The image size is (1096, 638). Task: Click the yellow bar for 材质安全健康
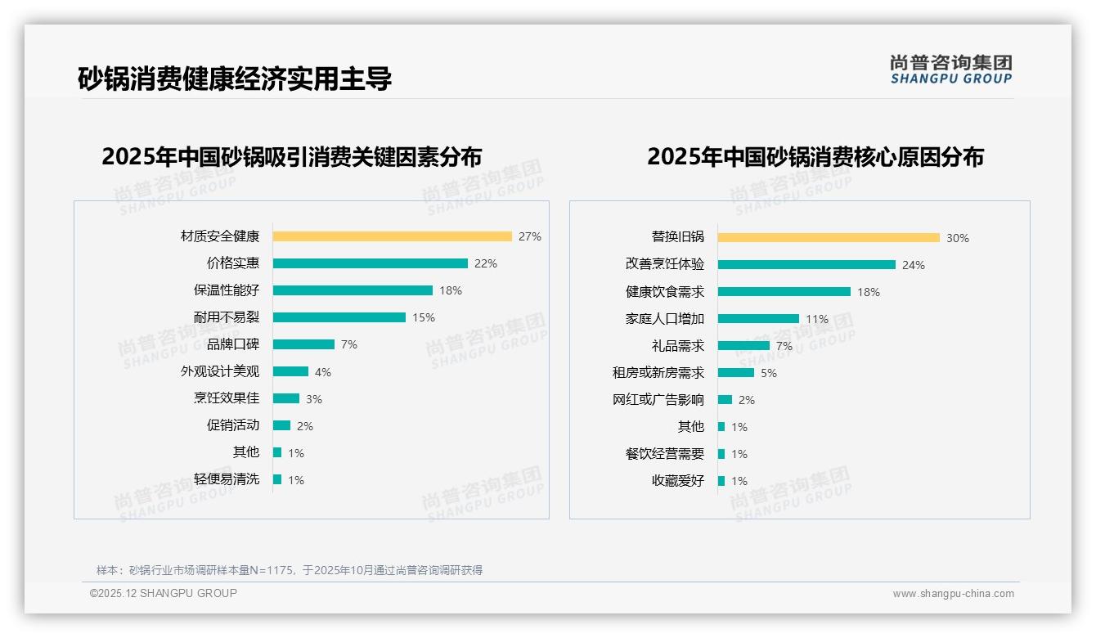click(392, 236)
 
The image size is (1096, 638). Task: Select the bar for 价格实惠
click(370, 263)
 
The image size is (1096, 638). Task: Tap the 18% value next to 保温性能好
click(451, 290)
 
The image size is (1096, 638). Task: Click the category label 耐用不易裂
click(227, 317)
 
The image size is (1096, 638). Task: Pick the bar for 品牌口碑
click(303, 344)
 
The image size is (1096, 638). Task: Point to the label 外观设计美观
click(220, 371)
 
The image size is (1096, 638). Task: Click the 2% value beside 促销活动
click(305, 426)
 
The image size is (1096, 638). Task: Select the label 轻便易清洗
click(227, 479)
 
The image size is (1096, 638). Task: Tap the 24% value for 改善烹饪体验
click(914, 265)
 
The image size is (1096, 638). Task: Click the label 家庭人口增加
click(665, 319)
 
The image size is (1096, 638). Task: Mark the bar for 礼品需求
click(743, 346)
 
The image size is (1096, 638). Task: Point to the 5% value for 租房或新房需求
click(769, 373)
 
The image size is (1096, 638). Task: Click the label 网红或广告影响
click(658, 400)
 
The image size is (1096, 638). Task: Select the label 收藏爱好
click(678, 481)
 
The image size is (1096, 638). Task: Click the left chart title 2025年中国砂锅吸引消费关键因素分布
click(292, 156)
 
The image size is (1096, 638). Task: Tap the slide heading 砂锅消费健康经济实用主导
click(235, 79)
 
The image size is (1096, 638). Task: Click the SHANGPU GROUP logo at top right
click(950, 70)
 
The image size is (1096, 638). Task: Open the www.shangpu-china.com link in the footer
click(953, 594)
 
